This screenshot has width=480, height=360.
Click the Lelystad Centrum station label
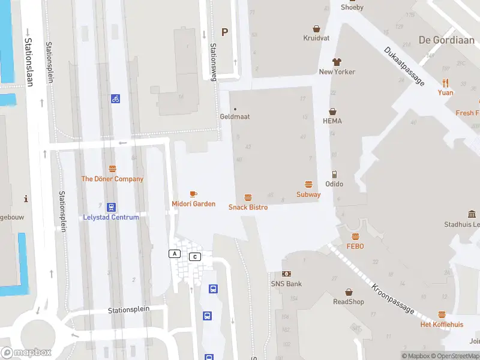click(x=111, y=217)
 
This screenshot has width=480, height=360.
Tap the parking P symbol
click(x=225, y=32)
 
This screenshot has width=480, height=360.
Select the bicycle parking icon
click(x=115, y=98)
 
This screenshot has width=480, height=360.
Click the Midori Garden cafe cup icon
click(x=193, y=194)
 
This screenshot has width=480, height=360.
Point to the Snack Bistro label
click(x=248, y=207)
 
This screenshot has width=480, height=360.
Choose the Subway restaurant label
click(x=308, y=194)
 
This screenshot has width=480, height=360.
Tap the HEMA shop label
click(x=332, y=121)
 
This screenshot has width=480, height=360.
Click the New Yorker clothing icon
click(x=337, y=62)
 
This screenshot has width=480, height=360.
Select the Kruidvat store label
click(x=317, y=37)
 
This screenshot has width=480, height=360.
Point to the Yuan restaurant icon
click(x=445, y=83)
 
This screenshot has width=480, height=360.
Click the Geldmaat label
click(x=235, y=116)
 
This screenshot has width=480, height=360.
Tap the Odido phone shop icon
click(x=334, y=175)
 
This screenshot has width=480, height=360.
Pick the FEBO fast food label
click(x=355, y=246)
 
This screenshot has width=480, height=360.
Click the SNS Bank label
click(x=286, y=284)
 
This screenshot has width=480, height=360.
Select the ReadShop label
click(x=349, y=302)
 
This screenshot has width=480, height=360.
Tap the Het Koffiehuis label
click(x=442, y=325)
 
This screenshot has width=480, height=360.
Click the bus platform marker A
click(x=175, y=254)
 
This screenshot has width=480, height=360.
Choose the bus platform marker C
click(x=194, y=257)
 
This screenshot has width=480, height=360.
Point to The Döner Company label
click(x=112, y=179)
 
